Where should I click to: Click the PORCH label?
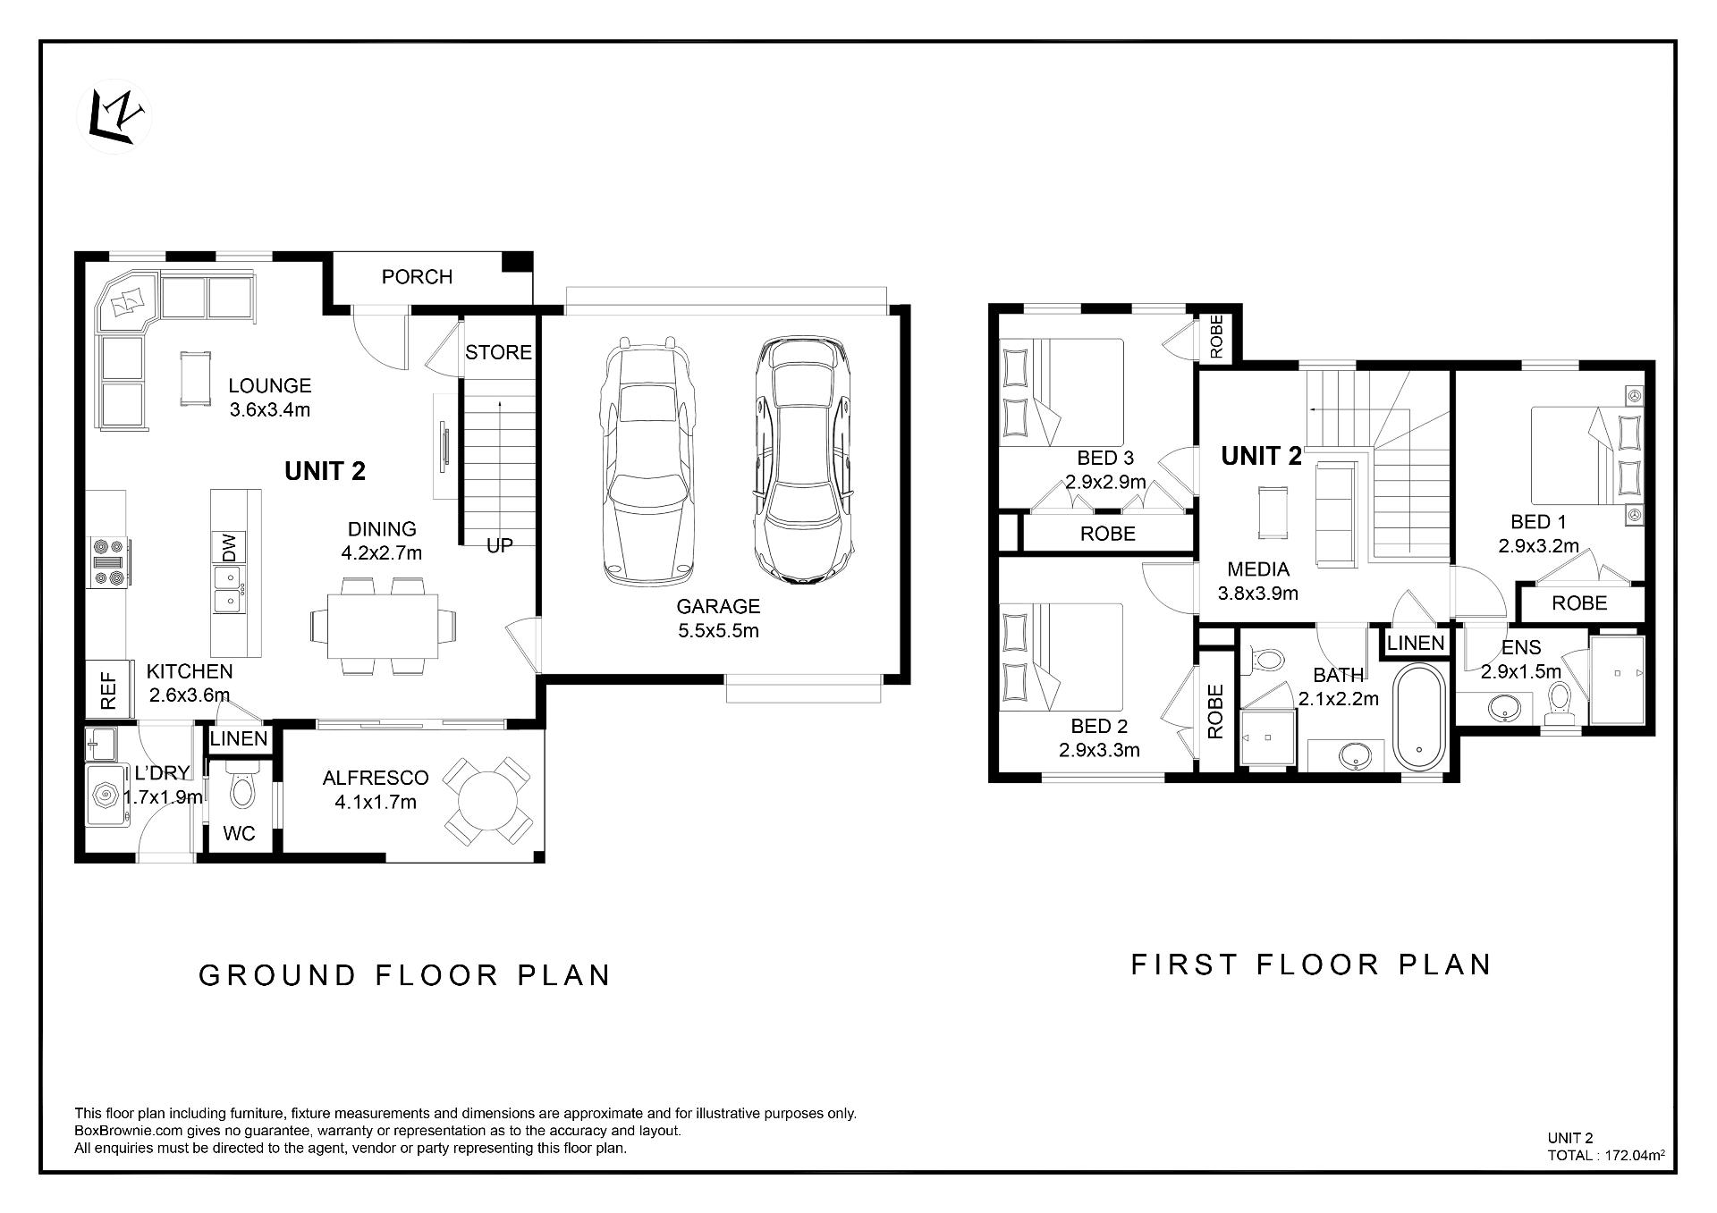[417, 277]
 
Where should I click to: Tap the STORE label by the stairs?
[498, 352]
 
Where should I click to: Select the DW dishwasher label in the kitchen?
[229, 547]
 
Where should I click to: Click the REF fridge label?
[108, 691]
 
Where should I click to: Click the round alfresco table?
[487, 801]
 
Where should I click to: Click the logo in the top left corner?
[120, 118]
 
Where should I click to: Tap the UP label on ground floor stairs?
[499, 545]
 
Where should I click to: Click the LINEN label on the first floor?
[1416, 644]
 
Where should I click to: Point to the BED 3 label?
[1105, 459]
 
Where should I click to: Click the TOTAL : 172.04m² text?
[1606, 1155]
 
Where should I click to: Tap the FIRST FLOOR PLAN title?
[1311, 965]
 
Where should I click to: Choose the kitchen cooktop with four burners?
[109, 561]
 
